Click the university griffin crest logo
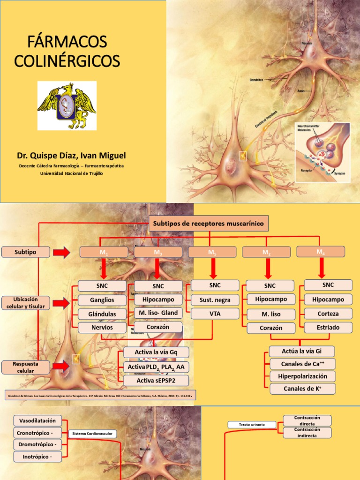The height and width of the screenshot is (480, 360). (x=67, y=105)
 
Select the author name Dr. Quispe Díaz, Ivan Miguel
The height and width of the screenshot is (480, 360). (x=72, y=155)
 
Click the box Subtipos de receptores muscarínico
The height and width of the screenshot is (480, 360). (x=209, y=224)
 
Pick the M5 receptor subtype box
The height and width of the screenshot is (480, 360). (x=212, y=252)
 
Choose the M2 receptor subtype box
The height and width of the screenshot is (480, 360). (x=266, y=252)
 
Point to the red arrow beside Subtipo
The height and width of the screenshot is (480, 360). (x=61, y=253)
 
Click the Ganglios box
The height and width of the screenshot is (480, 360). (x=102, y=300)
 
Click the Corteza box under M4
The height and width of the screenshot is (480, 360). (x=328, y=313)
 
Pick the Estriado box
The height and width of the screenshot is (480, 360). (x=328, y=327)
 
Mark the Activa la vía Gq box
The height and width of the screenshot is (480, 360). (x=156, y=352)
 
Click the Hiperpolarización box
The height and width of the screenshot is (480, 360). (x=302, y=376)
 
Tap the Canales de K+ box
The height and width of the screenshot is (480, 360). (x=302, y=388)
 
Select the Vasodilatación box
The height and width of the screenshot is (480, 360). (x=38, y=420)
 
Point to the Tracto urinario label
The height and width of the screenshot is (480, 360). (x=252, y=424)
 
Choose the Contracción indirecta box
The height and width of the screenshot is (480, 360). (x=307, y=433)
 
